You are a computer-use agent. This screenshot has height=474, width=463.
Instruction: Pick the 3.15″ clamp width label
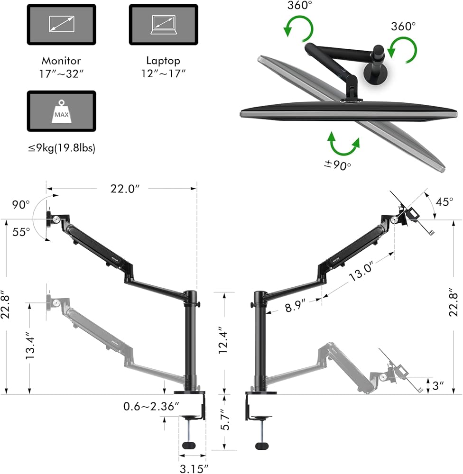(194, 468)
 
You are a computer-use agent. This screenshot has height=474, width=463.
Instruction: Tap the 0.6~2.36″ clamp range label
(151, 406)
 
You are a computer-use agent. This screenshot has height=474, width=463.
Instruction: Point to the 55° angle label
(21, 232)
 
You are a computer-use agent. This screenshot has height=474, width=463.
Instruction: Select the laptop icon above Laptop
(163, 25)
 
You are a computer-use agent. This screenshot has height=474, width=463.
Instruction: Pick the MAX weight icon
(61, 112)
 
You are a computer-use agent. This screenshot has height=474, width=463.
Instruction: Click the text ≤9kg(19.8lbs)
(61, 148)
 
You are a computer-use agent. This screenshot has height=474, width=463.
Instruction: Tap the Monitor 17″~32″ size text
(61, 67)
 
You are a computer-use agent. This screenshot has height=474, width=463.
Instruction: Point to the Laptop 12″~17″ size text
(163, 67)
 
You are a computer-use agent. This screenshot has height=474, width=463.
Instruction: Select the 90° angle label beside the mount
(21, 205)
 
